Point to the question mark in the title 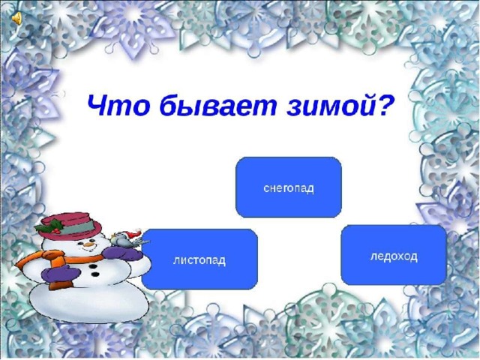385,103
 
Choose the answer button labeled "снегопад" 288,187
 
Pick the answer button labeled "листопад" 199,259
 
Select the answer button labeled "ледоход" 394,255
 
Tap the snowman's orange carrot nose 88,244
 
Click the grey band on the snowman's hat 77,227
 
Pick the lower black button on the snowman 95,274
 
